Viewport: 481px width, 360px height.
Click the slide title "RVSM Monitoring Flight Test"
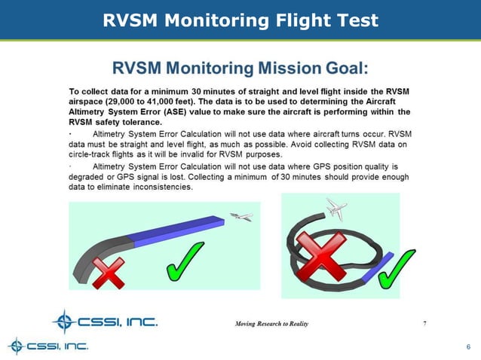point(240,20)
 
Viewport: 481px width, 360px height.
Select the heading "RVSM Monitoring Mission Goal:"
point(240,69)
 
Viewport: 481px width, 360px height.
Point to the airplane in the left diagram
point(241,217)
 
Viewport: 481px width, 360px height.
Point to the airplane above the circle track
point(336,209)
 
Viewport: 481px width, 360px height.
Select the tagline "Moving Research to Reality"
point(271,323)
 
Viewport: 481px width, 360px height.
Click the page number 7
point(424,323)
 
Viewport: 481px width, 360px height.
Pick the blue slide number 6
point(468,346)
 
